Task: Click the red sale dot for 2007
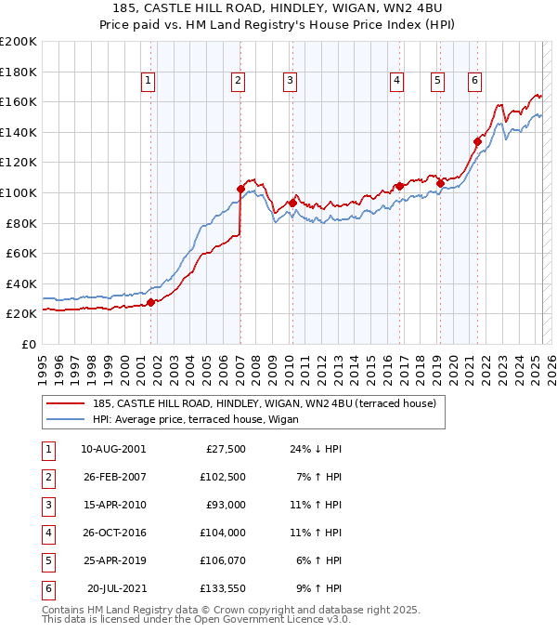click(240, 189)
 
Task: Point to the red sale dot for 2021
click(478, 141)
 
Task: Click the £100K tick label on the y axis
click(19, 192)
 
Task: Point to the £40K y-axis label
click(21, 283)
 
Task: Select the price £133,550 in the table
click(225, 587)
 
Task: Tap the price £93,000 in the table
click(227, 505)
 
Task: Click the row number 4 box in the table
click(47, 533)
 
